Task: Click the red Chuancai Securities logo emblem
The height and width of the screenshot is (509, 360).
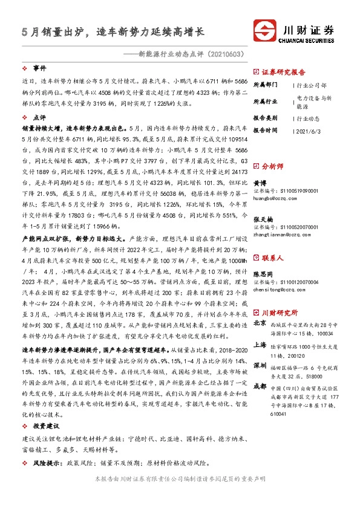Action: click(x=264, y=31)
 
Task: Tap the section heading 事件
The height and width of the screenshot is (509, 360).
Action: click(x=39, y=69)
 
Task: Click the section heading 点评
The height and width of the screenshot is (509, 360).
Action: click(x=39, y=118)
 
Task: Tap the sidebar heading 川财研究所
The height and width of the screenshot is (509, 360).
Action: click(x=280, y=313)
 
